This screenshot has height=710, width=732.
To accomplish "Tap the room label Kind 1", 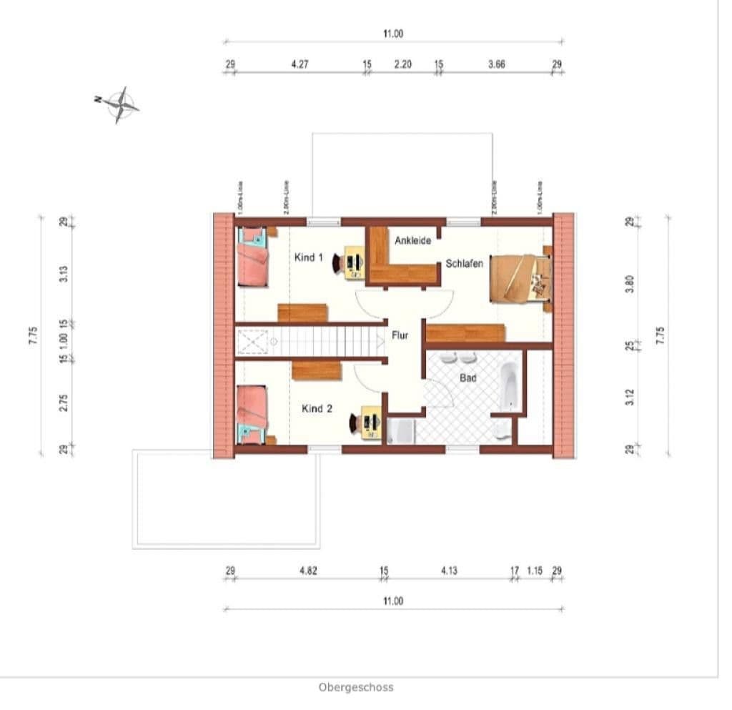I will point(309,257).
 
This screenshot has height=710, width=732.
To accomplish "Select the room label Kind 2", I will point(317,409).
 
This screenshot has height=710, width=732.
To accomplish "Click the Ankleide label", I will point(412,241).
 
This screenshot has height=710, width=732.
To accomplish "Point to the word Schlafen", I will point(464,263).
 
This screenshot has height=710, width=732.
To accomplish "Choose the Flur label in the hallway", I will point(400,334).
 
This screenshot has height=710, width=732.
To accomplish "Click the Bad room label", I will point(468,378).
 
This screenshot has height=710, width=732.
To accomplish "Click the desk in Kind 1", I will point(354,262).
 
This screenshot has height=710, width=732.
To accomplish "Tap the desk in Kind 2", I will point(370,422).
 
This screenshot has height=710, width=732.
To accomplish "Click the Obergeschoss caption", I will point(355,688).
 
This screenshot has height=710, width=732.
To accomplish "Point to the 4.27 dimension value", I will point(300,64).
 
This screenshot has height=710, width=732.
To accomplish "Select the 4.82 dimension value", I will point(308,571).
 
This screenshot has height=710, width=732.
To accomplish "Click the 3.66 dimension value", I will point(497,64).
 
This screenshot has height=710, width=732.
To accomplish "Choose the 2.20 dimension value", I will point(403,64).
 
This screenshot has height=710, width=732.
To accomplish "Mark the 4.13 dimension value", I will point(449,571).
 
